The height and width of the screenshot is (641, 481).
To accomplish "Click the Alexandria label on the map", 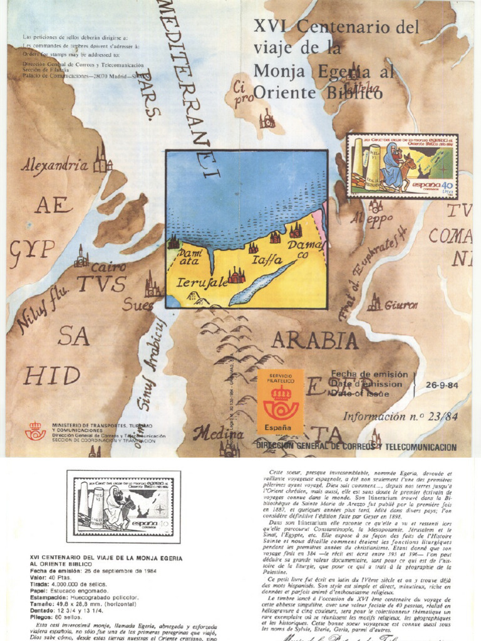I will (54, 166).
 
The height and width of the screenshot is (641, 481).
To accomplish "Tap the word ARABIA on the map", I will (314, 340).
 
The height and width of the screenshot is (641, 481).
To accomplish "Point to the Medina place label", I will (218, 433).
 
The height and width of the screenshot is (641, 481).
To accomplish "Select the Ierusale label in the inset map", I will (202, 283).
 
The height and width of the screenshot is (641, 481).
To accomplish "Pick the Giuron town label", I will (401, 305).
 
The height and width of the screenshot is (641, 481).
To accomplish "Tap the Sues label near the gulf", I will (138, 305).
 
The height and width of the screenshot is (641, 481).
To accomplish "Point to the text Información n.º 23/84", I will (400, 416).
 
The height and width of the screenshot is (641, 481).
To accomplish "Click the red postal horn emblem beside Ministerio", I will (35, 431).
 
